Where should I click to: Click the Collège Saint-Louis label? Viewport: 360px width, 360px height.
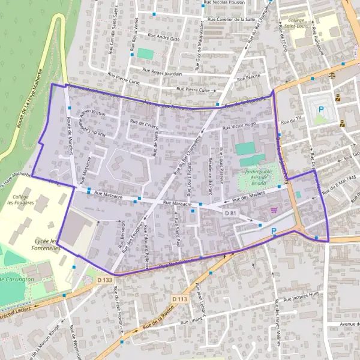[298, 23]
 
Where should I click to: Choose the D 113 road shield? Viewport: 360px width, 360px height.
[179, 299]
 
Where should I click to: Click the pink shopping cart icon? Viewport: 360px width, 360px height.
[274, 210]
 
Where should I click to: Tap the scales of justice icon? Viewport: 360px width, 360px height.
[332, 77]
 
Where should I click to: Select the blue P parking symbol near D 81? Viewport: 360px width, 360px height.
[274, 231]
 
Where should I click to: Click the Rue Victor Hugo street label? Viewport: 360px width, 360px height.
[239, 126]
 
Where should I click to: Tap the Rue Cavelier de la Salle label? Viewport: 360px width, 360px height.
[231, 19]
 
